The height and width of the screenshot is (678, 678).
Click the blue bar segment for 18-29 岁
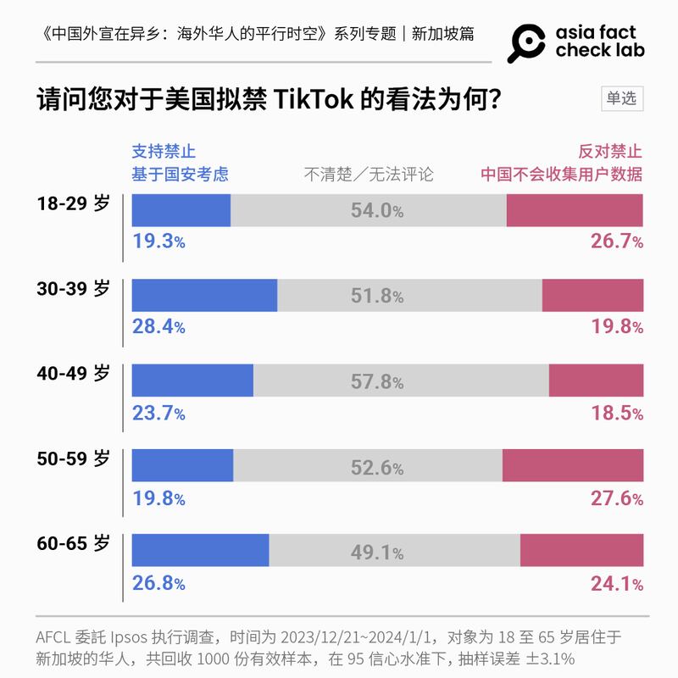[181, 210]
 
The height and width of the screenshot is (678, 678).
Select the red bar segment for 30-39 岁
[592, 295]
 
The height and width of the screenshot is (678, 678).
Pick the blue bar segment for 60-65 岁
[201, 550]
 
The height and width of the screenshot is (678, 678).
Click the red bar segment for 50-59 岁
[573, 465]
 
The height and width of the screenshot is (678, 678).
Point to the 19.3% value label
[158, 242]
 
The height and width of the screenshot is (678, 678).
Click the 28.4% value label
[158, 327]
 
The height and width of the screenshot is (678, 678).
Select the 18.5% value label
[616, 413]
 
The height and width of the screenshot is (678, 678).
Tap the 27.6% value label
[616, 498]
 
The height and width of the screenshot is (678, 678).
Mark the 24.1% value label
[616, 583]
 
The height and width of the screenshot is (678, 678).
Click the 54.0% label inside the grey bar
[377, 211]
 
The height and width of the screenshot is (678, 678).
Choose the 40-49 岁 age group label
[74, 374]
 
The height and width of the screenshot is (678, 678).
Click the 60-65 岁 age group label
[74, 543]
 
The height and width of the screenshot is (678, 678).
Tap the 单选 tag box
[620, 98]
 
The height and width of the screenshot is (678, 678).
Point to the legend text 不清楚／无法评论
[369, 175]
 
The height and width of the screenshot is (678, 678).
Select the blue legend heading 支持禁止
[164, 152]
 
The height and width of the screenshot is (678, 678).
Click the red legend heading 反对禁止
[610, 152]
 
